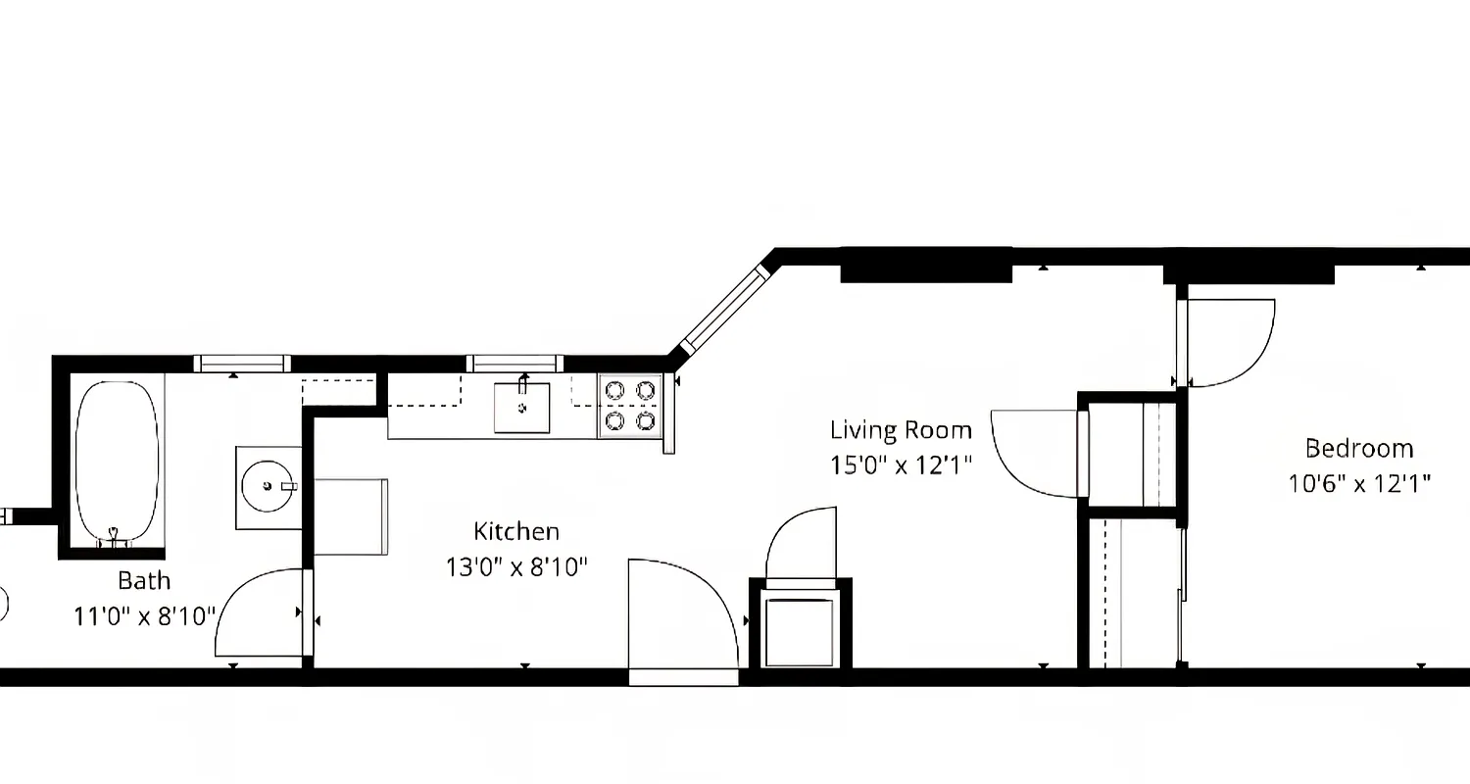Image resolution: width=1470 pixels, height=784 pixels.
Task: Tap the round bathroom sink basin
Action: coord(268,486)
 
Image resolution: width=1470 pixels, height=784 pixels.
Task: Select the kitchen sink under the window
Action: coord(521,408)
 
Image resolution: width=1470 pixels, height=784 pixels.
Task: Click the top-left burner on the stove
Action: coord(615,390)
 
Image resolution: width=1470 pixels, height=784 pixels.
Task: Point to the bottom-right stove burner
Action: coord(645,421)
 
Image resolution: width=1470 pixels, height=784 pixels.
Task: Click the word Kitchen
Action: coord(516,532)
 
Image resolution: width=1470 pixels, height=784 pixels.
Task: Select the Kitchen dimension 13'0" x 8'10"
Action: coord(516,567)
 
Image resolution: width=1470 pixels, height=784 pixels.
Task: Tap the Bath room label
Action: coord(144,581)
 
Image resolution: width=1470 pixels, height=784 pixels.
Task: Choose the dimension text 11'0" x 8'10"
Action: coord(144,617)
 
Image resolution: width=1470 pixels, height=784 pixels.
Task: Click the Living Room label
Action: coord(901,430)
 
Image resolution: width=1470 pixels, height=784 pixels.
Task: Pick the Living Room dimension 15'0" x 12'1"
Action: coord(901,465)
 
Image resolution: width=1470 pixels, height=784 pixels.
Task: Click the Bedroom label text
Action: coord(1358,449)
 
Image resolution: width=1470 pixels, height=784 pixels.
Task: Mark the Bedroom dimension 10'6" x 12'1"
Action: coord(1358,483)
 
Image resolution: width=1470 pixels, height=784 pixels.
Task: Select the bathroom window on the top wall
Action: coord(242,364)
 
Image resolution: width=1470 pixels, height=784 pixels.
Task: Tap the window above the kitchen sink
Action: coord(514,364)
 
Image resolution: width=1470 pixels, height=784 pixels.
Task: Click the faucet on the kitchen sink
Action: coord(523,382)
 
